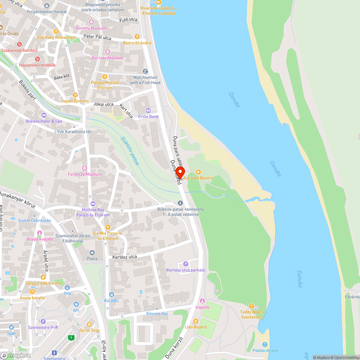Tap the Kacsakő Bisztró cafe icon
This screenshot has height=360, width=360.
[198, 172]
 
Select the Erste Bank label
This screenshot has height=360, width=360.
[148, 117]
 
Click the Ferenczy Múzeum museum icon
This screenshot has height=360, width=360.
[85, 168]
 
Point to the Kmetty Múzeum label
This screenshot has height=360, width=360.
[91, 28]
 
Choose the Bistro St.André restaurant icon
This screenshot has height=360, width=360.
[137, 37]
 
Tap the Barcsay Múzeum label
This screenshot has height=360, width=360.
[107, 58]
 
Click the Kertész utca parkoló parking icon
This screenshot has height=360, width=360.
[186, 264]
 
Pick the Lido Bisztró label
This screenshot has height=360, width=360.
[195, 327]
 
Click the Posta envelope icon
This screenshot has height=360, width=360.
[92, 253]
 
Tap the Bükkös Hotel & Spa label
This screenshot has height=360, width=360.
[44, 121]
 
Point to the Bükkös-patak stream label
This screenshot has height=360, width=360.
[130, 151]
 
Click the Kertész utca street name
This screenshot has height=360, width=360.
[125, 257]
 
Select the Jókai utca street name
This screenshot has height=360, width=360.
[103, 104]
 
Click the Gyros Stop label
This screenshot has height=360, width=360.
[90, 330]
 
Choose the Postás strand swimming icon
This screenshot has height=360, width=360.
[265, 345]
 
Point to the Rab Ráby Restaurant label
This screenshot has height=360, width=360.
[56, 37]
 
